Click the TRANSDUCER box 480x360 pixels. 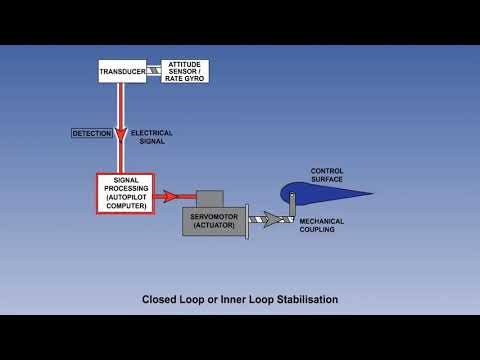pyautogui.click(x=122, y=71)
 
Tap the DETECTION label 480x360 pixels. pyautogui.click(x=91, y=133)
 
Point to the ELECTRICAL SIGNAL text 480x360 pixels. pyautogui.click(x=151, y=137)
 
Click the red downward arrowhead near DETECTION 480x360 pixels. pyautogui.click(x=122, y=135)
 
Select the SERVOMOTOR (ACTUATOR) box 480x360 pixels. pyautogui.click(x=212, y=220)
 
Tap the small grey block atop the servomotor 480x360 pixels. pyautogui.click(x=209, y=198)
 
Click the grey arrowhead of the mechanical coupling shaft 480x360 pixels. pyautogui.click(x=270, y=218)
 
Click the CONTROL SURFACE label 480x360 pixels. pyautogui.click(x=327, y=175)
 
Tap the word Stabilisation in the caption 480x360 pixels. pyautogui.click(x=300, y=299)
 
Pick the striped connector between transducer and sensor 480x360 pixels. pyautogui.click(x=153, y=71)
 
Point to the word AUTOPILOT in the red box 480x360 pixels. pyautogui.click(x=127, y=197)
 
